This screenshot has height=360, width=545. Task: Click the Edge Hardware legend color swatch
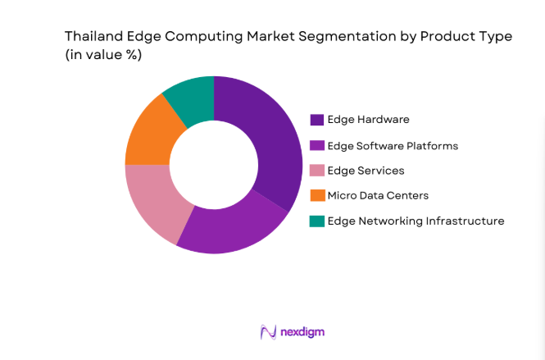tap(316, 120)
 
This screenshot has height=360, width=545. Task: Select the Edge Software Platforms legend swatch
tap(316, 145)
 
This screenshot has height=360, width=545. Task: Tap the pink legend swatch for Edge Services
tap(316, 171)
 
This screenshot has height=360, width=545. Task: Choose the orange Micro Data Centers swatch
tap(316, 195)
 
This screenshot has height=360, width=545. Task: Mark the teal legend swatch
tap(316, 221)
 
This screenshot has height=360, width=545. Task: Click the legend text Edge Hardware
tap(368, 120)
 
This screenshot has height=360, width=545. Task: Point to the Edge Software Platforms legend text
tap(393, 145)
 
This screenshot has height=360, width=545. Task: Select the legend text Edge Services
tap(366, 171)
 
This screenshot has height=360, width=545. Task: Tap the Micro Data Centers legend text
tap(378, 195)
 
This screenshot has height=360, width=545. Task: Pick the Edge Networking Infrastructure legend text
tap(416, 221)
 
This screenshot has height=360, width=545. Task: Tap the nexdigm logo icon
tap(266, 331)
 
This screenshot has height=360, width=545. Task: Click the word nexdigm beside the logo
tap(302, 332)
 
